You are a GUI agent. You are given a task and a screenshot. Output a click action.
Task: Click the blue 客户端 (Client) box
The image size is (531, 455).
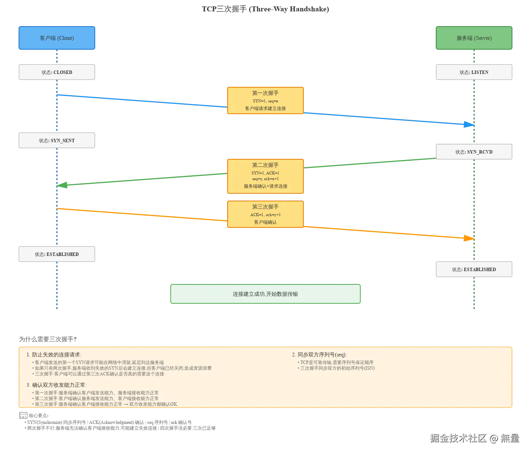click(57, 38)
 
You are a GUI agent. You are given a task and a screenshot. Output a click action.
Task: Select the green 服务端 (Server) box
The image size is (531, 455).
click(474, 38)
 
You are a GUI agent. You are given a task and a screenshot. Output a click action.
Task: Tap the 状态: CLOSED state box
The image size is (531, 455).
click(57, 72)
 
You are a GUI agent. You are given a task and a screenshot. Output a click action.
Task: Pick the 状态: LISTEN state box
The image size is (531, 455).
click(474, 72)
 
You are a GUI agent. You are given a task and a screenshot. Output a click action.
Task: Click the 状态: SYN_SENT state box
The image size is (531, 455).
click(57, 140)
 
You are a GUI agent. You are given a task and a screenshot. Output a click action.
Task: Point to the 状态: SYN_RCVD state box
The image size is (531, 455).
click(474, 152)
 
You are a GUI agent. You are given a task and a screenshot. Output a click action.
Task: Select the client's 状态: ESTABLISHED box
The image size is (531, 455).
click(57, 254)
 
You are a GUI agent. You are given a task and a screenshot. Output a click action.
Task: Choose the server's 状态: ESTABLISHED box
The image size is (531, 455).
click(474, 270)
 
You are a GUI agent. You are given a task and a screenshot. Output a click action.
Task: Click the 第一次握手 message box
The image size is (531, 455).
click(265, 100)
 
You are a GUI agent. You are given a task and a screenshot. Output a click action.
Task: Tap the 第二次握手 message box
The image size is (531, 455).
click(265, 176)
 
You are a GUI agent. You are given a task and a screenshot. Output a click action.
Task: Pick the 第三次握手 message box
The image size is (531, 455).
click(265, 215)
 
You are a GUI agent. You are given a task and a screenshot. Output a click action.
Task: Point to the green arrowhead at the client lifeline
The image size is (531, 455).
click(63, 185)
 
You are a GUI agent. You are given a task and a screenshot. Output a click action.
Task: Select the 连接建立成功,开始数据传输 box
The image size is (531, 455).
click(265, 294)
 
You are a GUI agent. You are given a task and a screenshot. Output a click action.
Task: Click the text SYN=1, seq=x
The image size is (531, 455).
click(265, 101)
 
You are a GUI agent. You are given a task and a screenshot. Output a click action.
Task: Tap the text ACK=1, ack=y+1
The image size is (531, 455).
click(265, 215)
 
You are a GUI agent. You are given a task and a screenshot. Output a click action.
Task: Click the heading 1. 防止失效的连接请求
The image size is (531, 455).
click(54, 355)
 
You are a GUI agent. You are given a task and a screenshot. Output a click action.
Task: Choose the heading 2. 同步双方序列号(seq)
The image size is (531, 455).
click(319, 355)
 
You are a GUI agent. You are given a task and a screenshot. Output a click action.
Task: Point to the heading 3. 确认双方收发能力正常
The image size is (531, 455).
click(57, 385)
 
